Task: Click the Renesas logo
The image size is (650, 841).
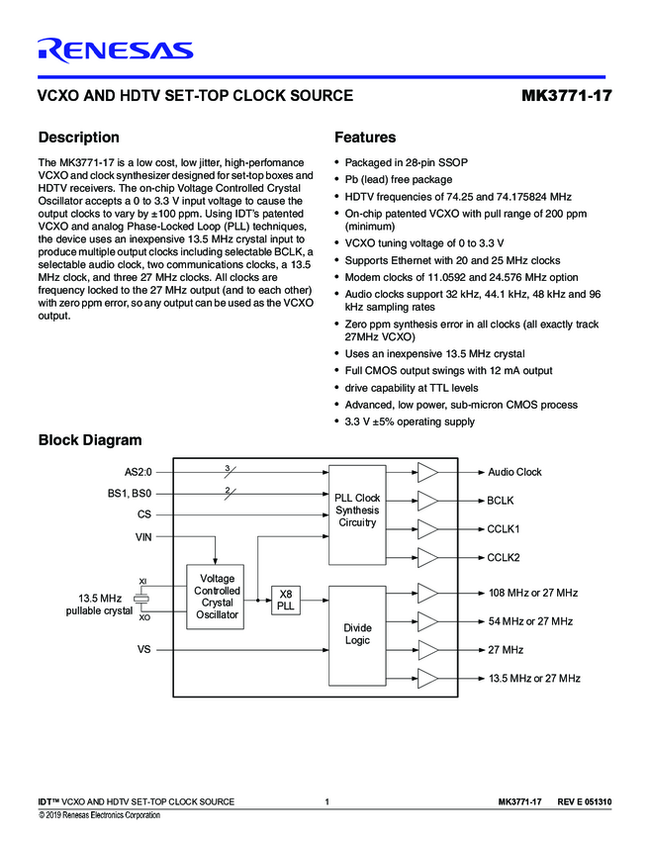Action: (x=115, y=49)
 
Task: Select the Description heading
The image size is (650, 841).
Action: (x=78, y=138)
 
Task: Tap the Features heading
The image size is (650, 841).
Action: (x=365, y=138)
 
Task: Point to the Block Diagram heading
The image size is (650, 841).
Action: (x=89, y=440)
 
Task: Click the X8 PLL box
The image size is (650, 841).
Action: (x=286, y=600)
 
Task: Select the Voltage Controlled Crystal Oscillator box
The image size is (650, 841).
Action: (x=217, y=597)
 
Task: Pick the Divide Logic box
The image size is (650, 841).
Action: (x=357, y=634)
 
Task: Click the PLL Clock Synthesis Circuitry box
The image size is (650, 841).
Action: (x=357, y=510)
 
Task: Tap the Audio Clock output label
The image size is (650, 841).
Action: (x=514, y=473)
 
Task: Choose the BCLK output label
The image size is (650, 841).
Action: (x=501, y=501)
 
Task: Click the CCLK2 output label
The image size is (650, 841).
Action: (x=504, y=558)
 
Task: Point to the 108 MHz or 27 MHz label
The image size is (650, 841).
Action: (x=532, y=593)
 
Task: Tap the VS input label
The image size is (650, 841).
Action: (x=143, y=650)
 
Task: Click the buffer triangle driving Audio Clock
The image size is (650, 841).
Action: (x=427, y=473)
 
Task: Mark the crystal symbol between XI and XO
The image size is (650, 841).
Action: (x=142, y=600)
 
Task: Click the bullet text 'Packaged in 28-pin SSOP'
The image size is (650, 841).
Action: (x=406, y=161)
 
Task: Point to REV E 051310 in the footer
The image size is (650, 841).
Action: (x=584, y=800)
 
